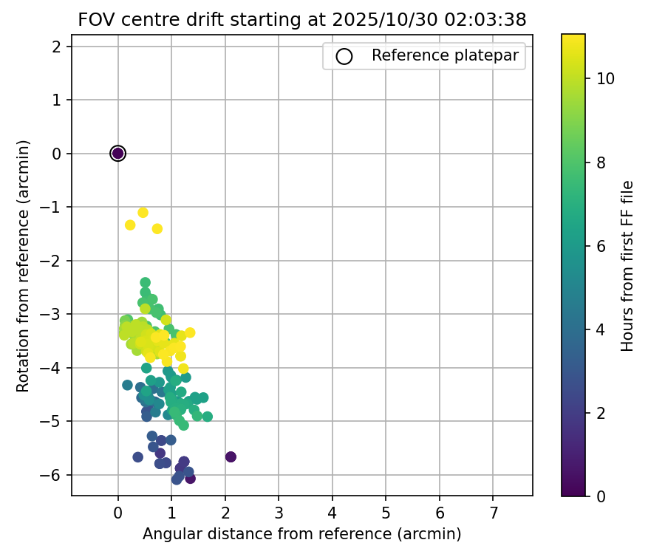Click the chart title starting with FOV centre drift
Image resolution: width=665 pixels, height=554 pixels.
(x=302, y=20)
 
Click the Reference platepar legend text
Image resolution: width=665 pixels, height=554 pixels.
(x=445, y=55)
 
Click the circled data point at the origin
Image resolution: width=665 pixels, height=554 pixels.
(x=117, y=153)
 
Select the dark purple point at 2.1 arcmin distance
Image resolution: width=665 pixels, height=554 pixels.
(x=231, y=456)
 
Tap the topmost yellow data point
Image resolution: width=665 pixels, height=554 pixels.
(x=143, y=213)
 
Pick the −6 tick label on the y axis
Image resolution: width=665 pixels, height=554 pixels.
(x=58, y=475)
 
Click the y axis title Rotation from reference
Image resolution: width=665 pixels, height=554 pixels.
(x=24, y=265)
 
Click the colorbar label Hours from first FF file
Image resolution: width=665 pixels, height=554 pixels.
(x=627, y=265)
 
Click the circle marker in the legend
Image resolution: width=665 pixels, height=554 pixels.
(x=344, y=55)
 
